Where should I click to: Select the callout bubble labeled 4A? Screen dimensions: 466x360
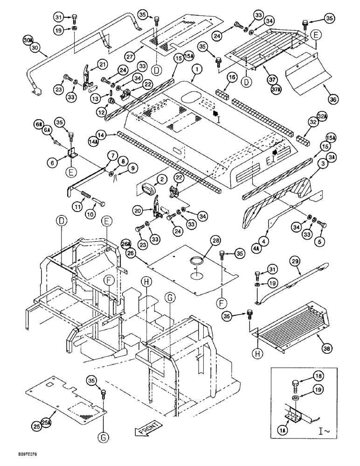(268, 248)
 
